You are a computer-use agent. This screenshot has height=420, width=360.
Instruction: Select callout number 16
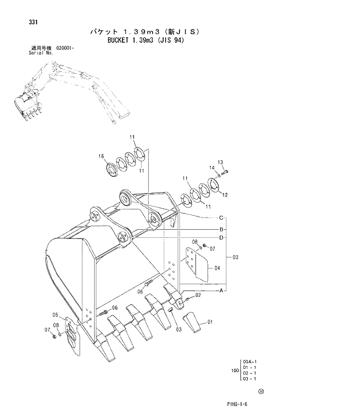click(101, 157)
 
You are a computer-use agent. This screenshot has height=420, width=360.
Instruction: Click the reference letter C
click(221, 218)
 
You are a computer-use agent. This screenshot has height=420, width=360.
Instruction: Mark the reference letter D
click(221, 237)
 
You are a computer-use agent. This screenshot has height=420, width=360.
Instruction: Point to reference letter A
click(221, 288)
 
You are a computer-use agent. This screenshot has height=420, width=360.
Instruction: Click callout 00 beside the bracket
click(235, 256)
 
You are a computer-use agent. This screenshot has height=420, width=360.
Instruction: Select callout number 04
click(217, 268)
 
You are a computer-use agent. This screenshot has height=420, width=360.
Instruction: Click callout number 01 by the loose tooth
click(210, 321)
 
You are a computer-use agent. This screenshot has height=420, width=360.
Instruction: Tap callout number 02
click(198, 295)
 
